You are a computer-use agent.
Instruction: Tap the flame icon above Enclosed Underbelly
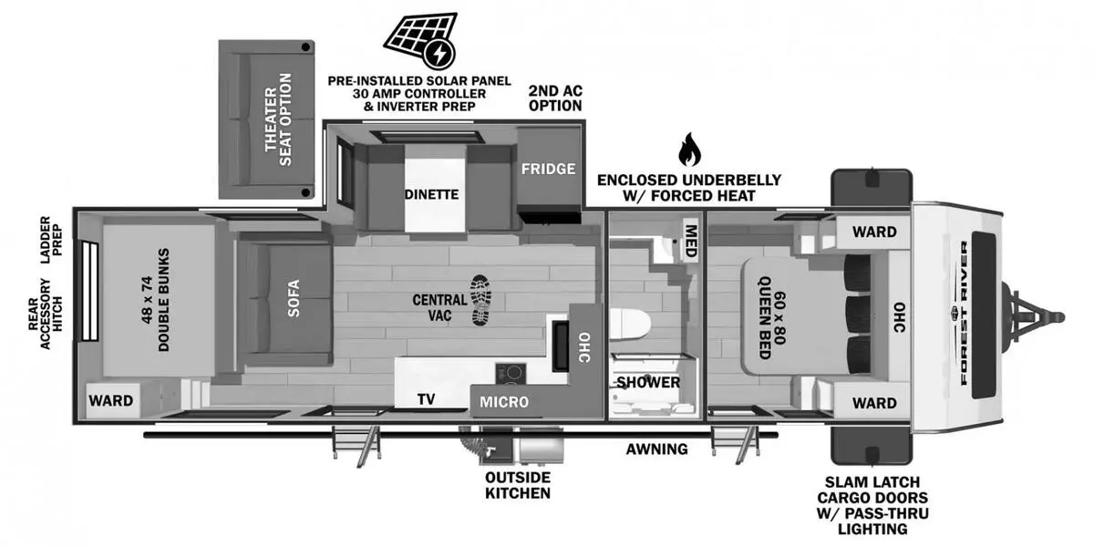[x=688, y=149]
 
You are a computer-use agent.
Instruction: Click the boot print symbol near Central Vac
[x=480, y=300]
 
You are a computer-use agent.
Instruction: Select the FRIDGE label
[x=548, y=169]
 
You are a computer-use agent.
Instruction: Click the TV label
[x=426, y=399]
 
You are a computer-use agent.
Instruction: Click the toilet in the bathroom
[x=632, y=324]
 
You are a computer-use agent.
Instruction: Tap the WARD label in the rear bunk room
[x=110, y=400]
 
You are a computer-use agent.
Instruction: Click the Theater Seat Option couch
[x=268, y=119]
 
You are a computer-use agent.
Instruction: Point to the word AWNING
[x=656, y=449]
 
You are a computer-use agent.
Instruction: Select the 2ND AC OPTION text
[x=555, y=98]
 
